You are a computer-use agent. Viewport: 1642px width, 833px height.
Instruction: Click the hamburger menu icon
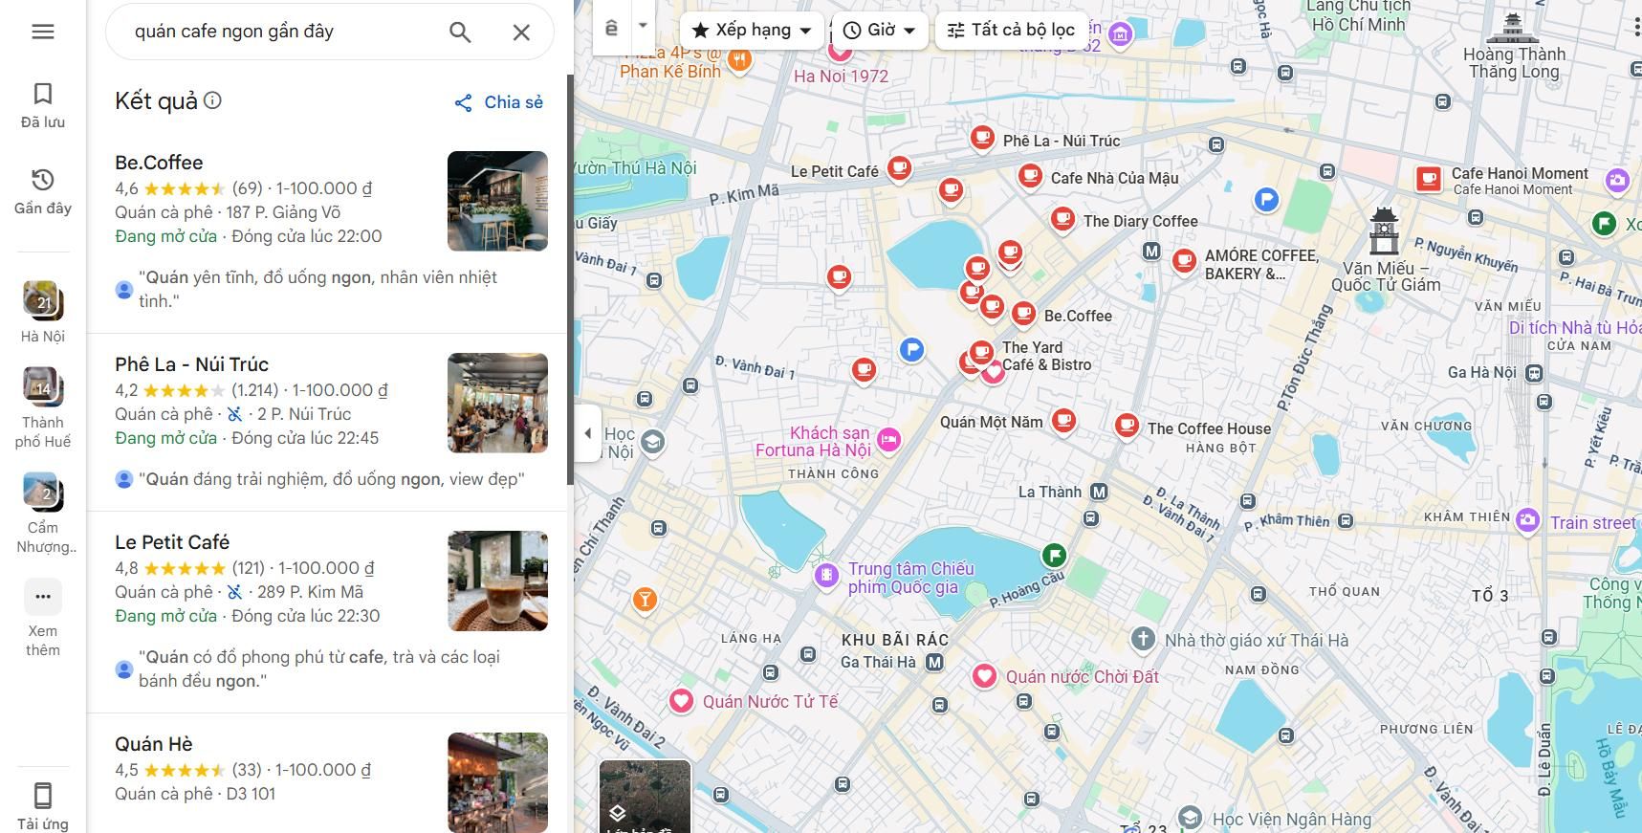(x=43, y=32)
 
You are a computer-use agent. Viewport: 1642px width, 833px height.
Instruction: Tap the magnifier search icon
(x=460, y=33)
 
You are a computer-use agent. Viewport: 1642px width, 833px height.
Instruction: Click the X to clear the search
(x=521, y=33)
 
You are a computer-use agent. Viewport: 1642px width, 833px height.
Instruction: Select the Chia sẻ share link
(x=498, y=102)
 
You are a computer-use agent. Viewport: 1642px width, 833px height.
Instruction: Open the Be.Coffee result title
(x=159, y=163)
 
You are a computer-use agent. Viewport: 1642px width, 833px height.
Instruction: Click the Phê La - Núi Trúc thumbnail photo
(x=497, y=403)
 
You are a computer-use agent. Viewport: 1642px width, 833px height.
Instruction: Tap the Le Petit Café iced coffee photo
(x=497, y=581)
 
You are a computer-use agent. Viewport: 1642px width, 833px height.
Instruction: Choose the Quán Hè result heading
(x=154, y=744)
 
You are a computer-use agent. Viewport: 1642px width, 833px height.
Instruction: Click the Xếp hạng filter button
(x=752, y=31)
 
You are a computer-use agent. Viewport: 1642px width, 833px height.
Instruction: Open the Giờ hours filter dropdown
(x=879, y=31)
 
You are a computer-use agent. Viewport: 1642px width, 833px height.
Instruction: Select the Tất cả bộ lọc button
(x=1011, y=31)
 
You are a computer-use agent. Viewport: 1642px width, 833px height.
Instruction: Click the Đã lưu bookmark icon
(x=43, y=94)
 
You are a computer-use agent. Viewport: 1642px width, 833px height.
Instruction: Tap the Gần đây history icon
(x=43, y=181)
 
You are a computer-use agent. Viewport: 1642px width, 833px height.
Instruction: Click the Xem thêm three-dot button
(x=43, y=597)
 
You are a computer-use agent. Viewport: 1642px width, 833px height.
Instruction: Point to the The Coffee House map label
(x=1209, y=428)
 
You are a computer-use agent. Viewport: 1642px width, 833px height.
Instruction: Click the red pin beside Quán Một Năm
(x=1063, y=419)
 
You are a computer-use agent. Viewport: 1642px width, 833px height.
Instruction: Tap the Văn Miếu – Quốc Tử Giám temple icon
(x=1384, y=230)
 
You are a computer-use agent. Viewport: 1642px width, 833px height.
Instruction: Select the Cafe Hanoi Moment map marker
(x=1429, y=179)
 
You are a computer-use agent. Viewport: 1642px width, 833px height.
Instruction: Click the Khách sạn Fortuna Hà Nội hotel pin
(x=888, y=439)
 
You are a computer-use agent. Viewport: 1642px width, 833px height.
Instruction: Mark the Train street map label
(x=1592, y=522)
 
